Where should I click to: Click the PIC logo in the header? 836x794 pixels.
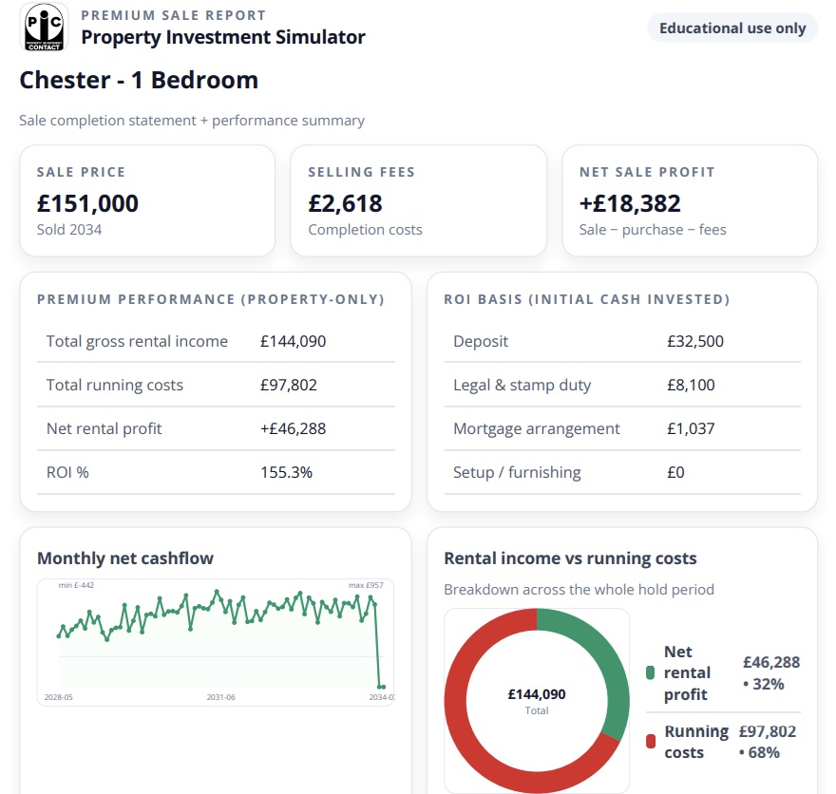43,28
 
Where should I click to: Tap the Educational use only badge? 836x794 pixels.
732,28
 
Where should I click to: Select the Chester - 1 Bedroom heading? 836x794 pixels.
139,80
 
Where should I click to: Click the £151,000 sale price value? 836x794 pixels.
87,203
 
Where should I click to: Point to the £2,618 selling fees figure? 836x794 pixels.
345,203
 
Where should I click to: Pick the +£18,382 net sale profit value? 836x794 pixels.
630,203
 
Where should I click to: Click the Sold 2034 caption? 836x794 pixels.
69,230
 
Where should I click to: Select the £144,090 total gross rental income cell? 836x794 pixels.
293,341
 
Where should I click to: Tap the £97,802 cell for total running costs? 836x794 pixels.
289,385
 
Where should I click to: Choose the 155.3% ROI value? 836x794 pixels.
286,472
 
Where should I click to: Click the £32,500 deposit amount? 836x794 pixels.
695,341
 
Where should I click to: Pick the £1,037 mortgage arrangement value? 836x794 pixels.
691,428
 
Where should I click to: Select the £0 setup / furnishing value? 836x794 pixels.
675,472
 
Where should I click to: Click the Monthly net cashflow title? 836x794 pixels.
125,558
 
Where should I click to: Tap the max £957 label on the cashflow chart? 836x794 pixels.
367,586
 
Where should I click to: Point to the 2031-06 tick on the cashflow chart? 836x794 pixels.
220,697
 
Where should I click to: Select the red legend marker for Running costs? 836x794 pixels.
651,742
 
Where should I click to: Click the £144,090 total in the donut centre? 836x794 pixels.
537,694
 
